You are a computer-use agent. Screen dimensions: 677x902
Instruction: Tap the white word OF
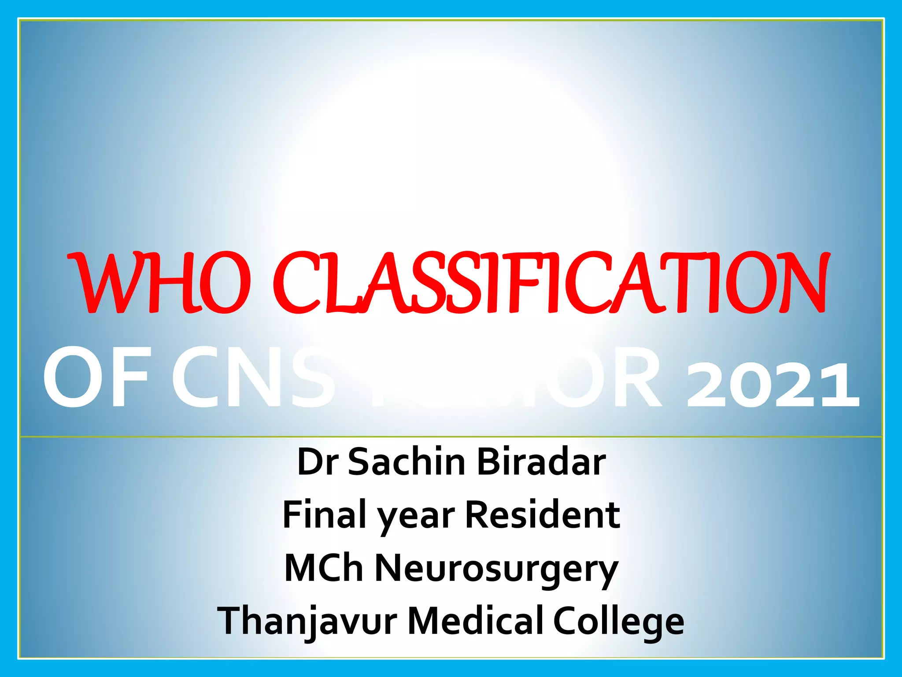tap(96, 378)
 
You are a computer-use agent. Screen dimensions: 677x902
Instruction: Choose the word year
tap(416, 518)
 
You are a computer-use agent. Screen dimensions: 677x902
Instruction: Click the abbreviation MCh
tap(324, 568)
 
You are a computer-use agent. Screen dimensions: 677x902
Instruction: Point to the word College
tap(618, 622)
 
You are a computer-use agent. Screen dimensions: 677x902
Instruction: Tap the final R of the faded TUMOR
tap(636, 378)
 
